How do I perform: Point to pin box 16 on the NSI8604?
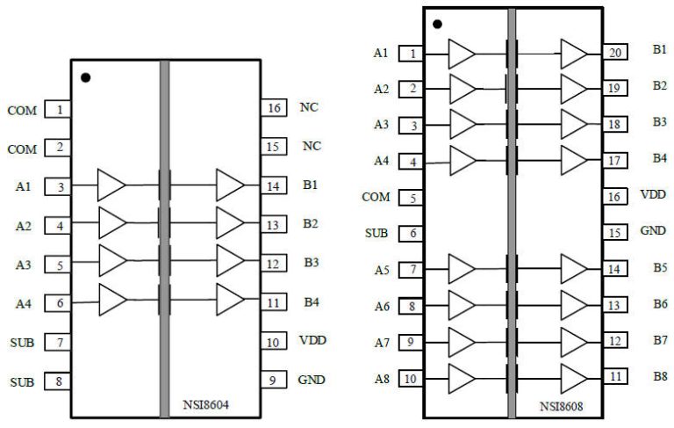tap(274, 108)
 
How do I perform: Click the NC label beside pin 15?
tap(311, 145)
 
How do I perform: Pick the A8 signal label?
tap(380, 379)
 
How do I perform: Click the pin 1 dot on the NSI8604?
tap(85, 77)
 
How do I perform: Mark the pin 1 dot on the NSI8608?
tap(438, 24)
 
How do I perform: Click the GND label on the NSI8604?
tap(311, 381)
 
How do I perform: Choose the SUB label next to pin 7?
tap(22, 343)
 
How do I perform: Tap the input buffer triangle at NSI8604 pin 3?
tap(111, 185)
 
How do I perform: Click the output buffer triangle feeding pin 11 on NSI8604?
tap(230, 301)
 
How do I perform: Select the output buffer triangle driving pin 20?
tap(573, 54)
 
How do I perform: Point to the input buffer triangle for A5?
tap(462, 269)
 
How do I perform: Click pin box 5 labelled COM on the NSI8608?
tap(411, 198)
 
